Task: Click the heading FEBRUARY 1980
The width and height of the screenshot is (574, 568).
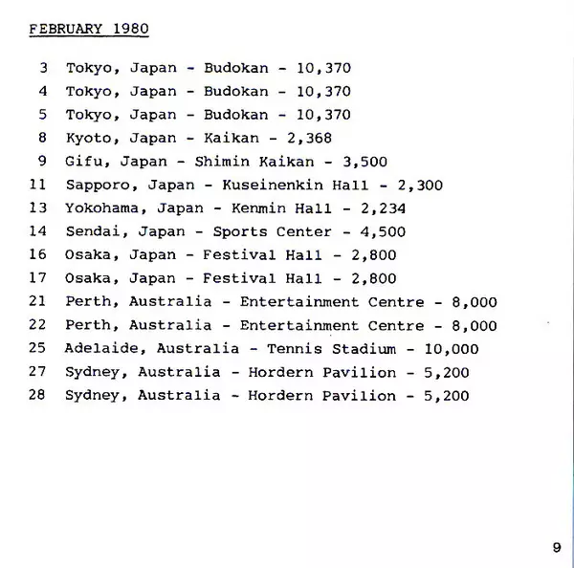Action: [x=88, y=29]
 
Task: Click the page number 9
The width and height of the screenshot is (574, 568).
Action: [x=557, y=547]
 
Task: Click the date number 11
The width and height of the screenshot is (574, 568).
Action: [x=38, y=186]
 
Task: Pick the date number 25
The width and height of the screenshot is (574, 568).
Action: [x=38, y=349]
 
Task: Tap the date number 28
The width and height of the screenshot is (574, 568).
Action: [x=38, y=395]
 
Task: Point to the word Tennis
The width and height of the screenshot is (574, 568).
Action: [x=295, y=349]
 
